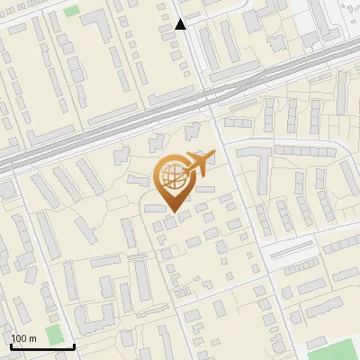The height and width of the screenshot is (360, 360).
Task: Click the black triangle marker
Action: point(180,24)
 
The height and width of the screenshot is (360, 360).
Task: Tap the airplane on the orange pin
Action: point(200,163)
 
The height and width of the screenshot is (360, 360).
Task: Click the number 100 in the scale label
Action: point(19,338)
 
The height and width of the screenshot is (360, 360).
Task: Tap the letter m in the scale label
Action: point(32,338)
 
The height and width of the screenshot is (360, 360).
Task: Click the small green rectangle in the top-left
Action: point(71,12)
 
